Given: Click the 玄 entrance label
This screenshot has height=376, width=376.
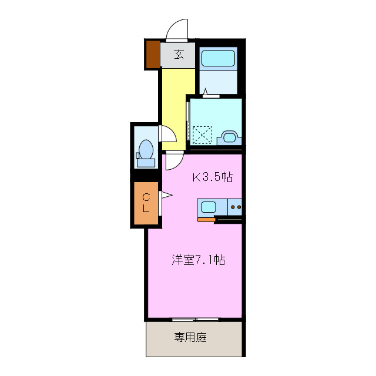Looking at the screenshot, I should [x=179, y=56].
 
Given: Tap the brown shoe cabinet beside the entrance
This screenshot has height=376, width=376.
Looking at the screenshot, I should [x=153, y=54].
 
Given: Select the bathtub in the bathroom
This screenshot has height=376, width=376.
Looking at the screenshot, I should [x=218, y=58].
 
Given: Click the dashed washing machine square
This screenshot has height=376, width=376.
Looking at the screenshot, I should [x=202, y=135].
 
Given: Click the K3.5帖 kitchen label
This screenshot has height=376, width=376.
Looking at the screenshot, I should [x=213, y=177].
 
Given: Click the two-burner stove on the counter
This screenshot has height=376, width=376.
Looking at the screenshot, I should [x=236, y=207].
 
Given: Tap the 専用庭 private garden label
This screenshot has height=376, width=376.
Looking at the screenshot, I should [x=190, y=338].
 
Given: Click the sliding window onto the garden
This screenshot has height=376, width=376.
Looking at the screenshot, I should [x=196, y=320].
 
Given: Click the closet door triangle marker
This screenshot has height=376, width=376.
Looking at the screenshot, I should [x=165, y=195].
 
